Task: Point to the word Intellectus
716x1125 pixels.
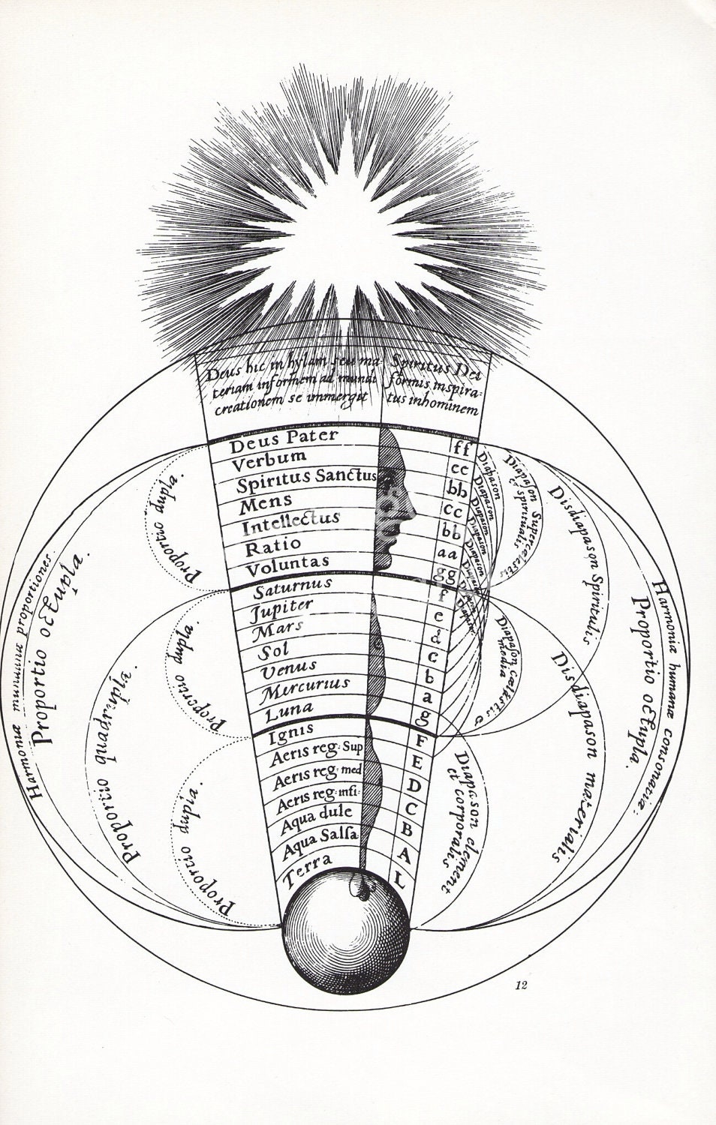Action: coord(290,518)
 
